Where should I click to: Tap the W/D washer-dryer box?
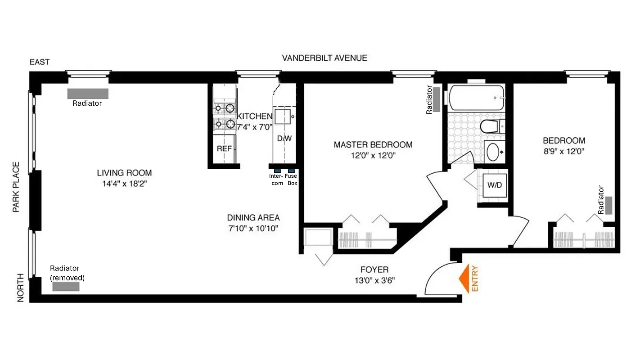494,185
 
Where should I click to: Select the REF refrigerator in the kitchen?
224,148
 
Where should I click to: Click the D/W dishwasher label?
284,139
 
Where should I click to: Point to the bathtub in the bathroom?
476,98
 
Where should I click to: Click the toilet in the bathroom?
491,126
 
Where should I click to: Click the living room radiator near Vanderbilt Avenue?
88,94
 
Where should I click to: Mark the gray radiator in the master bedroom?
436,96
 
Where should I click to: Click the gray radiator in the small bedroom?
608,205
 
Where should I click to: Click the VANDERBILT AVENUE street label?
325,58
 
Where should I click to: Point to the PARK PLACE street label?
16,187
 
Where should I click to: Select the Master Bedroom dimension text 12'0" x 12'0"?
373,156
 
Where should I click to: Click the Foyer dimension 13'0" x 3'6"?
374,281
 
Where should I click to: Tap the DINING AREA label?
253,217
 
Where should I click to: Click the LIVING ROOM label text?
124,173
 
